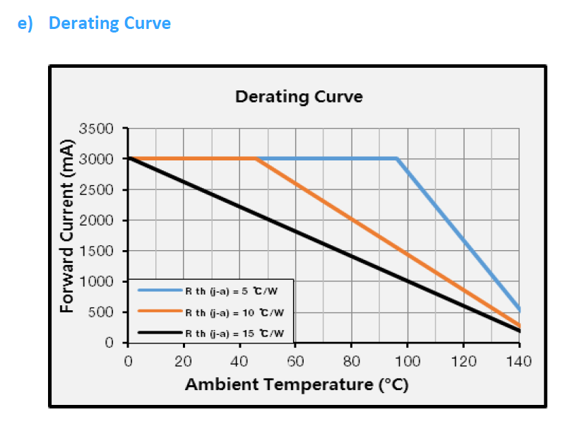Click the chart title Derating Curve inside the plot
pos(299,97)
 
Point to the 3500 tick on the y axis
pos(97,129)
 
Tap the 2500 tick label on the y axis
pos(97,190)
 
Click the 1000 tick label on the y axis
pos(97,281)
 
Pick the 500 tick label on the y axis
pos(100,312)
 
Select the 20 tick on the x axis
pos(184,362)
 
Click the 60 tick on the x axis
pos(295,362)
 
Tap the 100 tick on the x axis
pos(407,362)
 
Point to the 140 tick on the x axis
pos(519,362)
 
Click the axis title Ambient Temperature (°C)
pos(297,385)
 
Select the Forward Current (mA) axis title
pos(68,235)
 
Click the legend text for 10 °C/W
pos(234,312)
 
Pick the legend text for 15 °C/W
pos(234,332)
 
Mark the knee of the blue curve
pos(397,159)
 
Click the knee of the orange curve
pos(256,159)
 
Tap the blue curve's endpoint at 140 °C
pos(519,310)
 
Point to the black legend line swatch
pos(160,332)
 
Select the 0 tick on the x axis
pos(128,362)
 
